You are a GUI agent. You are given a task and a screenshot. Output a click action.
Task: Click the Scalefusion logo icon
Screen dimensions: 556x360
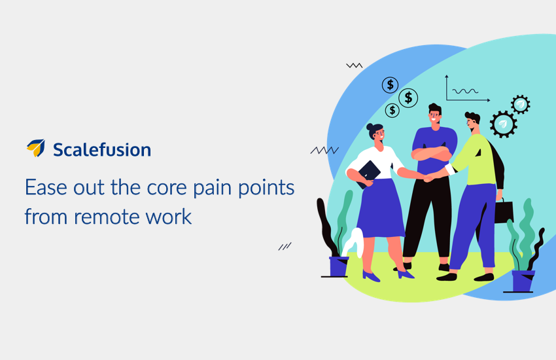click(36, 147)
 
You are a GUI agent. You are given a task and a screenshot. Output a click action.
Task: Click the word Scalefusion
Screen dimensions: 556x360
click(102, 149)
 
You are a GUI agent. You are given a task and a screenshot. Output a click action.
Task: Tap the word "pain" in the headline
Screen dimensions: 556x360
click(212, 189)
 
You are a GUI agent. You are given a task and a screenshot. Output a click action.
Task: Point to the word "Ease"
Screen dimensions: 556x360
click(46, 187)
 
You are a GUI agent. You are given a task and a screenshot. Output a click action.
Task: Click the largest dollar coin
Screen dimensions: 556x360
click(408, 98)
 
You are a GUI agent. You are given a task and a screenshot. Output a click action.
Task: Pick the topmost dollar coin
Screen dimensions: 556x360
click(390, 85)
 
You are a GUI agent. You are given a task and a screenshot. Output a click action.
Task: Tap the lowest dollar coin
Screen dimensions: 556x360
click(392, 111)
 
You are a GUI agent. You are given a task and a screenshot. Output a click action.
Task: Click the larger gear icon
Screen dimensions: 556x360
click(503, 124)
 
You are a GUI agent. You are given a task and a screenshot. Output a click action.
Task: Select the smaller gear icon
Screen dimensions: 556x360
click(521, 104)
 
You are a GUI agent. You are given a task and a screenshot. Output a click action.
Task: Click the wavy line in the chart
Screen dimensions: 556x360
click(465, 91)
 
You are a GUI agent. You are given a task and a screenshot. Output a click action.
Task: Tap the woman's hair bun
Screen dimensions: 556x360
click(370, 126)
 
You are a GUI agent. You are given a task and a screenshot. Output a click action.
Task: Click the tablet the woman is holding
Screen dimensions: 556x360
click(369, 174)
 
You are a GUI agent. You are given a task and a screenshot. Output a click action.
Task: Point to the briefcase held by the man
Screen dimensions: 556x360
click(504, 211)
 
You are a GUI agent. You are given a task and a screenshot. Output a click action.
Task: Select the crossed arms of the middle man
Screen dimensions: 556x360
click(431, 154)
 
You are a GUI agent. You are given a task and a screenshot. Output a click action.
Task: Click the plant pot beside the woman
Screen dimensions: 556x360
click(338, 266)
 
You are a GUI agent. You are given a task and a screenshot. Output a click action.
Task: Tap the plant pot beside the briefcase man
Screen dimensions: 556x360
click(523, 281)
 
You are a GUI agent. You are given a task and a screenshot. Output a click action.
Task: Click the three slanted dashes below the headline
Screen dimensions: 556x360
click(285, 246)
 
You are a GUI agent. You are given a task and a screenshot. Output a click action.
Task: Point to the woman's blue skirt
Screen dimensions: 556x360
click(381, 209)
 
